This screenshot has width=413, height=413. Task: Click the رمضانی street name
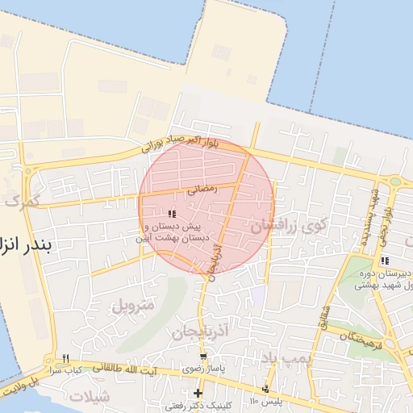pyautogui.click(x=199, y=191)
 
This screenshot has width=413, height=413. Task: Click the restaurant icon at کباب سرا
pyautogui.click(x=66, y=358)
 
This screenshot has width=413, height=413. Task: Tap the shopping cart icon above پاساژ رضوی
pyautogui.click(x=203, y=356)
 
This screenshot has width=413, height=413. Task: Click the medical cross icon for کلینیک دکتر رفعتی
pyautogui.click(x=198, y=393)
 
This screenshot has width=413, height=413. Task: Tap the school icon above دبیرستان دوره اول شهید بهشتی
pyautogui.click(x=385, y=261)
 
